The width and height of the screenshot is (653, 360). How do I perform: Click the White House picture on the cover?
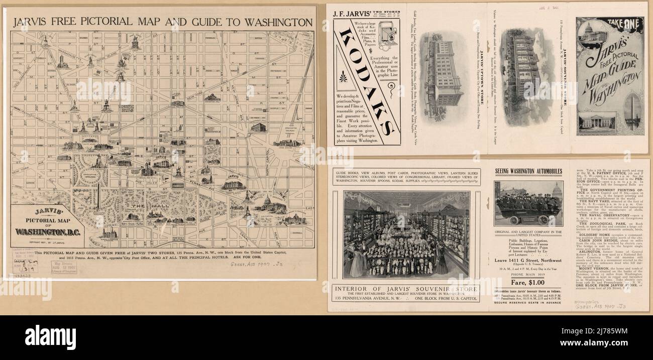(596, 123)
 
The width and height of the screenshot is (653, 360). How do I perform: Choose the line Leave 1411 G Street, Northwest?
(527, 260)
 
